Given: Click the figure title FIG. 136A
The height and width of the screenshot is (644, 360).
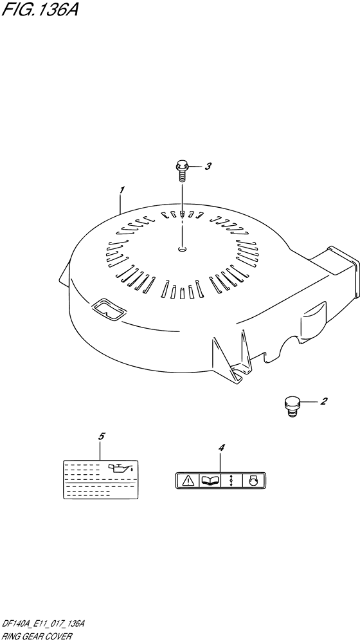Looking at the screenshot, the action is pos(39,9).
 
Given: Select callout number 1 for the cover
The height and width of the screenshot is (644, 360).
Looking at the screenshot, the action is pos(122,190).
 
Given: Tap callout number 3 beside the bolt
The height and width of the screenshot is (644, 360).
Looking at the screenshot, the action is pos(208,167).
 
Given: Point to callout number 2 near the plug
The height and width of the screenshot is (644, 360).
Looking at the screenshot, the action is pos(323,401).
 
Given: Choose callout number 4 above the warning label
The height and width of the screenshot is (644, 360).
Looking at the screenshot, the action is pos(222,448).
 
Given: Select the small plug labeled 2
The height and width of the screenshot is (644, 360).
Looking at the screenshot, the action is pos(291,406).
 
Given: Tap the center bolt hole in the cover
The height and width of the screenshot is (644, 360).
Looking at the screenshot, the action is pos(183,248).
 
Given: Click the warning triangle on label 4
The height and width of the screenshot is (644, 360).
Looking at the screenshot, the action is pos(188,480).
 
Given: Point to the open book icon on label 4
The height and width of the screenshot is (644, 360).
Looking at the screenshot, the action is pos(210,480).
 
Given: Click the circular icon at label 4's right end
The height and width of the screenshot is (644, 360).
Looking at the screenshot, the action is pos(253,480).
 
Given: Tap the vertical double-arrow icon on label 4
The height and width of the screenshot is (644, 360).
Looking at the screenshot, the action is pos(232,480).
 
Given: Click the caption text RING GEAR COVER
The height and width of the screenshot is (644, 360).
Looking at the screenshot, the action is pos(37,636).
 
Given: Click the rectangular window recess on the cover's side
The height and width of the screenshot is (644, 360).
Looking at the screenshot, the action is pos(109,309).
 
